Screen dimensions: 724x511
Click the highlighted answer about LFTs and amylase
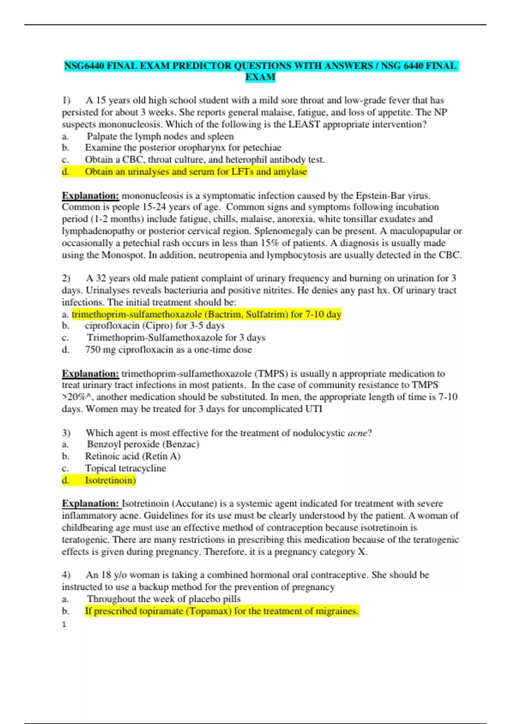coord(195,172)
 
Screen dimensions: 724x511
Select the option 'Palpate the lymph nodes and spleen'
coord(160,136)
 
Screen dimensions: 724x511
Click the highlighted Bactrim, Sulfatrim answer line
coord(207,314)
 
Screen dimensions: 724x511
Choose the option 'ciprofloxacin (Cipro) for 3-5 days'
coord(155,326)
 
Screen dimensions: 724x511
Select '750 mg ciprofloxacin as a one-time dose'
coord(168,350)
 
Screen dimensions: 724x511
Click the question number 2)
coord(66,279)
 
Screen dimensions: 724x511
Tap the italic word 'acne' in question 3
coord(357,433)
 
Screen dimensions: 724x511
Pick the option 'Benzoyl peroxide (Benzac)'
coord(143,444)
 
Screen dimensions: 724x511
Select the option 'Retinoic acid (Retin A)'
coord(132,456)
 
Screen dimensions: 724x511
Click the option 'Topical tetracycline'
coord(125,468)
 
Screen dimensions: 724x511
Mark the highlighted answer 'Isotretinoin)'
coord(110,480)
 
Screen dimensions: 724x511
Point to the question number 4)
coord(66,575)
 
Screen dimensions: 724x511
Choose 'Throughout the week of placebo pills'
coord(164,599)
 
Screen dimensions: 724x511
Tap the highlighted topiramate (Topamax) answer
coord(221,611)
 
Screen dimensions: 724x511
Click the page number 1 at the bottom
coord(64,625)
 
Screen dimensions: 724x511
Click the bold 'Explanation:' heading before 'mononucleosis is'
coord(90,196)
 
